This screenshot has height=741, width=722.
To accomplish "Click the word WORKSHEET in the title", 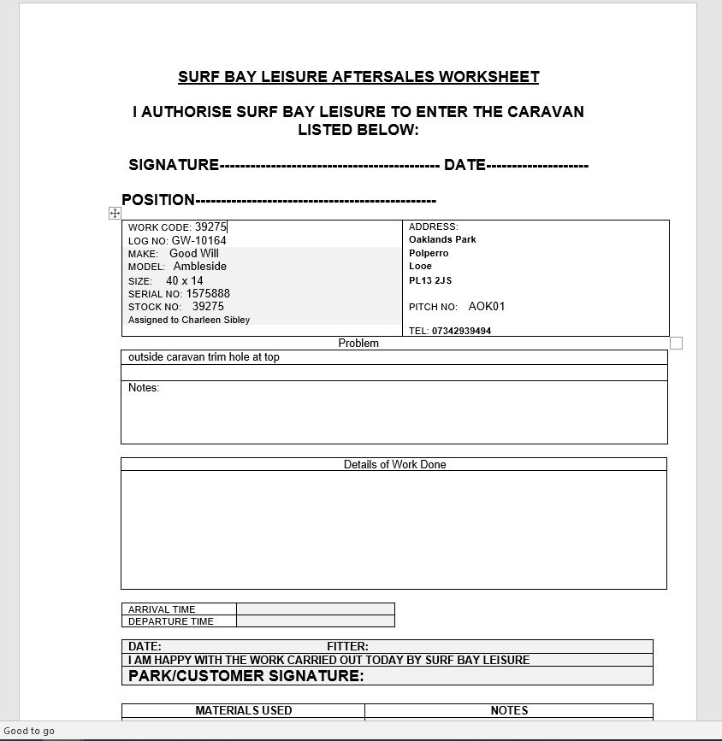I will (x=488, y=77).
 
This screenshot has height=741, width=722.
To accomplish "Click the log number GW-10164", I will (x=198, y=241).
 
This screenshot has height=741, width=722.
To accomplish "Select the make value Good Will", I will (x=194, y=254).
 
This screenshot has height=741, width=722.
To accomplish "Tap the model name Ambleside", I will (x=200, y=267).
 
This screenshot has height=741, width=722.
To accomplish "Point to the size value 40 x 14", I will (x=185, y=281).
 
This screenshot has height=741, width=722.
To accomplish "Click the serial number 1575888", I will (x=208, y=294).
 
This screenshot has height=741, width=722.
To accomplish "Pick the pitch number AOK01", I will (x=487, y=307).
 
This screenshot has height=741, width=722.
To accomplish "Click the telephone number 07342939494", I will (x=461, y=331).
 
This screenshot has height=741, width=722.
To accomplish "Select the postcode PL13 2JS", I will (x=430, y=280).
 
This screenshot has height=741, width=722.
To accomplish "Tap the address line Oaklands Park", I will (x=442, y=240).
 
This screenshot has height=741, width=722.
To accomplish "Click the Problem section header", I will (x=358, y=344).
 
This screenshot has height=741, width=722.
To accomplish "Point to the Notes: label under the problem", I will (x=144, y=388).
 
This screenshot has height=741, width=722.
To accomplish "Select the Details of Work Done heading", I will (x=394, y=465).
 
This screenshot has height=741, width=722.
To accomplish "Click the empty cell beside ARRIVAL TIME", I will (x=315, y=609).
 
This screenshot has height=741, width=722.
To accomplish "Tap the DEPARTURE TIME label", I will (x=171, y=621).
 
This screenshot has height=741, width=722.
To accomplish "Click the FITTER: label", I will (x=347, y=647).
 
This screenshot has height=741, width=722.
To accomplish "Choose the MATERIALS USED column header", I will (x=244, y=710).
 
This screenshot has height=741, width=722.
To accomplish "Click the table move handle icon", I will (x=115, y=213).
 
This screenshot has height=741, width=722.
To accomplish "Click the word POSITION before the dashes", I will (x=158, y=200).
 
